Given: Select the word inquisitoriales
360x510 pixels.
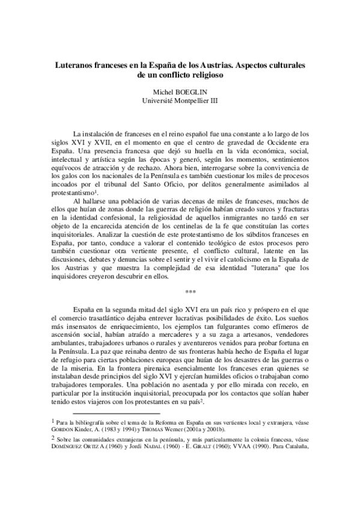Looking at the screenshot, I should tap(76, 229).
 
